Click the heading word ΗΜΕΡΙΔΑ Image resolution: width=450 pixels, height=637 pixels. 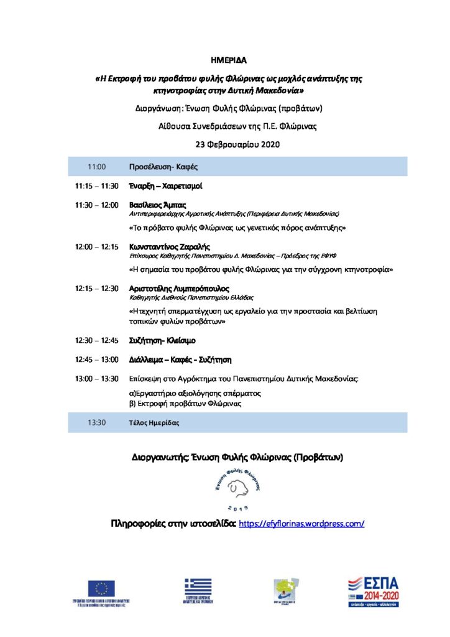pyautogui.click(x=229, y=61)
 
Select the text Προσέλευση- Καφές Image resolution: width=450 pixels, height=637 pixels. pyautogui.click(x=163, y=167)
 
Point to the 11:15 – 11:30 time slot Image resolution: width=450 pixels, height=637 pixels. pyautogui.click(x=96, y=186)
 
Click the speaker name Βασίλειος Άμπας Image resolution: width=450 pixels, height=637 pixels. pyautogui.click(x=157, y=205)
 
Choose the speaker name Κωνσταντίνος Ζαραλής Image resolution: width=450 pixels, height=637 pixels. pyautogui.click(x=169, y=247)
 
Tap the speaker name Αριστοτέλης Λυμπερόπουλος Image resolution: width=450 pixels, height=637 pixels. pyautogui.click(x=179, y=289)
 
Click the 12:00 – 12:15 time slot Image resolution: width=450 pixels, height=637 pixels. pyautogui.click(x=96, y=247)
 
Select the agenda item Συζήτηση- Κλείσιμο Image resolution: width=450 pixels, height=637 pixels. pyautogui.click(x=162, y=341)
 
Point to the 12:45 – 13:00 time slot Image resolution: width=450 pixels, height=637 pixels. pyautogui.click(x=96, y=360)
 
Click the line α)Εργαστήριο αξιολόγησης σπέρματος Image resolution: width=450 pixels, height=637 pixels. pyautogui.click(x=194, y=393)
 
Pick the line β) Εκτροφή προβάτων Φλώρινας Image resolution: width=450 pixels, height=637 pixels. pyautogui.click(x=185, y=404)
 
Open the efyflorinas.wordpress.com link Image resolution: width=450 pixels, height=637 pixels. pyautogui.click(x=301, y=524)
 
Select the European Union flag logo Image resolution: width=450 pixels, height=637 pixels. pyautogui.click(x=101, y=588)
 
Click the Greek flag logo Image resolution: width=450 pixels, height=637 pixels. pyautogui.click(x=198, y=587)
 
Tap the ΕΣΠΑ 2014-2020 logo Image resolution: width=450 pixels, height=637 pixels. pyautogui.click(x=373, y=592)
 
